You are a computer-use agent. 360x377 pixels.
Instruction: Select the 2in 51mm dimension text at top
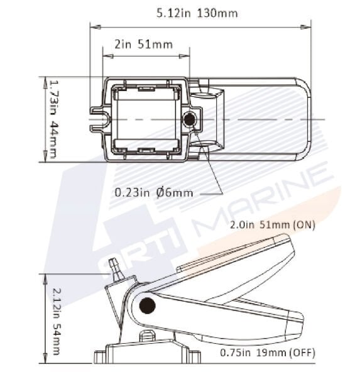tap(145, 45)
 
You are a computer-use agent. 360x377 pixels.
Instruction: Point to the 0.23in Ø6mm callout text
tap(153, 192)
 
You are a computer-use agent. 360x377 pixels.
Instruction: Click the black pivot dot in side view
tap(147, 306)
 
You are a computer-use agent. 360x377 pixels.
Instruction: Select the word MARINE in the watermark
tap(264, 201)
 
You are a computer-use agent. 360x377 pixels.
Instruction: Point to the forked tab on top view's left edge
tap(97, 119)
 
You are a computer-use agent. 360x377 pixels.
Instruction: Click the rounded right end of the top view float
tap(304, 119)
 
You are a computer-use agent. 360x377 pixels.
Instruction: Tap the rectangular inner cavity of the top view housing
tap(145, 119)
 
